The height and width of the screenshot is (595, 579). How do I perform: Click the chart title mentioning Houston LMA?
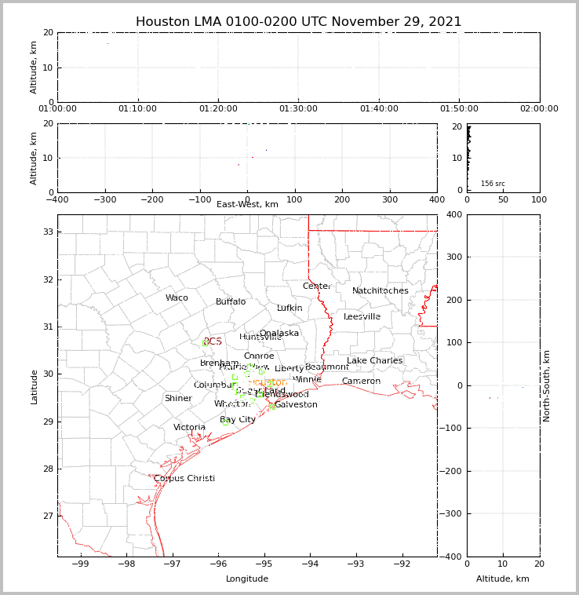pyautogui.click(x=298, y=22)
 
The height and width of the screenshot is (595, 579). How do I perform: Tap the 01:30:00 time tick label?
pyautogui.click(x=299, y=109)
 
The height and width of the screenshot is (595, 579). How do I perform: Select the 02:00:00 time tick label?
pyautogui.click(x=539, y=109)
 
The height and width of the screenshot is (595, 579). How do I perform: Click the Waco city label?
pyautogui.click(x=177, y=298)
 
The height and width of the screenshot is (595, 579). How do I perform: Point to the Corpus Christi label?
pyautogui.click(x=184, y=479)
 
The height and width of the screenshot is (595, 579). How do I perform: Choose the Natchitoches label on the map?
pyautogui.click(x=381, y=291)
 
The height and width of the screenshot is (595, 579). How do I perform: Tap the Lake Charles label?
pyautogui.click(x=374, y=361)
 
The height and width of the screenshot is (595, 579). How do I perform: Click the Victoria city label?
pyautogui.click(x=190, y=428)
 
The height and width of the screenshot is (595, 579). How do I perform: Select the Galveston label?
pyautogui.click(x=296, y=405)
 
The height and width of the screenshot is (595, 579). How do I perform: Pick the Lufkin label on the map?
pyautogui.click(x=289, y=308)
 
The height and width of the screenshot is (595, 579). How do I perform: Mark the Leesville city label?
pyautogui.click(x=362, y=317)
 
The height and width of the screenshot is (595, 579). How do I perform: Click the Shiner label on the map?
pyautogui.click(x=178, y=399)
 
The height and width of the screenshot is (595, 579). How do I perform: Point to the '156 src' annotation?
pyautogui.click(x=493, y=184)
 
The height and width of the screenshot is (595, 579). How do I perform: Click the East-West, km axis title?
pyautogui.click(x=247, y=205)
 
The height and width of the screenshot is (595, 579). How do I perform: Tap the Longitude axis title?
pyautogui.click(x=247, y=579)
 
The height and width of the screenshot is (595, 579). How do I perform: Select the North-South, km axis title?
pyautogui.click(x=548, y=385)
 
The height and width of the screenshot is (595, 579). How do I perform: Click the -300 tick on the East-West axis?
pyautogui.click(x=105, y=199)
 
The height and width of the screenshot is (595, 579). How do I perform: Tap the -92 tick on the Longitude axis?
pyautogui.click(x=401, y=564)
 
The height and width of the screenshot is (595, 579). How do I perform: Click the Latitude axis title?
pyautogui.click(x=35, y=386)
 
